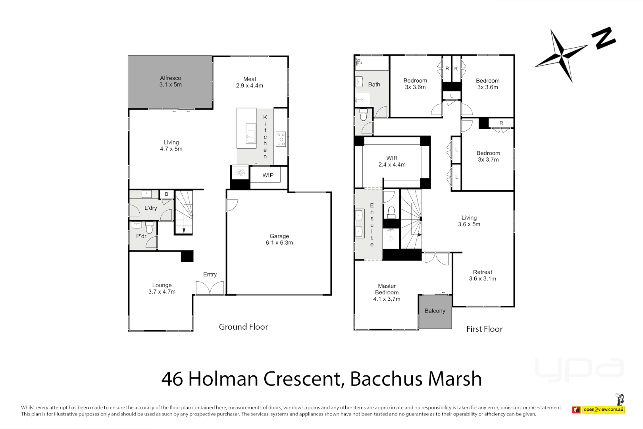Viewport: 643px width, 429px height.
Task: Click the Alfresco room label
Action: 171,81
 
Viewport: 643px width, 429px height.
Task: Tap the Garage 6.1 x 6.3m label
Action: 279,239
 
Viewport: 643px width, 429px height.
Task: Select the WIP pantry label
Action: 268,175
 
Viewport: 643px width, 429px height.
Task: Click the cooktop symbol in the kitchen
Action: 281,139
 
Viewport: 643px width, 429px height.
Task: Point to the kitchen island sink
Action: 250,133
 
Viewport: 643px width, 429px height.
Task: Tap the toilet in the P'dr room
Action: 149,228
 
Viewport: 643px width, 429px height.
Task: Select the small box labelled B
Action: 167,194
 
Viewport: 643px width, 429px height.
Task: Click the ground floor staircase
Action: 184,213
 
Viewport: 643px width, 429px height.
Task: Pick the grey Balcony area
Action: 435,311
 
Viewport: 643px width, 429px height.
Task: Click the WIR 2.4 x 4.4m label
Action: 392,161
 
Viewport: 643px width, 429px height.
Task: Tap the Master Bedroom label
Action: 387,292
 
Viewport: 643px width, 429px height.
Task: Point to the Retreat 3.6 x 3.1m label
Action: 482,275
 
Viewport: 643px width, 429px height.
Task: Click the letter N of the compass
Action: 603,38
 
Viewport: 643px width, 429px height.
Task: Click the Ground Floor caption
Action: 243,327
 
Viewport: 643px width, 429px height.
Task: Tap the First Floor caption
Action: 484,329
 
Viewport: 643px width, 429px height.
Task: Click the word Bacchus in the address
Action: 387,379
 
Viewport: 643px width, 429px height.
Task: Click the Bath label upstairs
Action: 374,84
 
